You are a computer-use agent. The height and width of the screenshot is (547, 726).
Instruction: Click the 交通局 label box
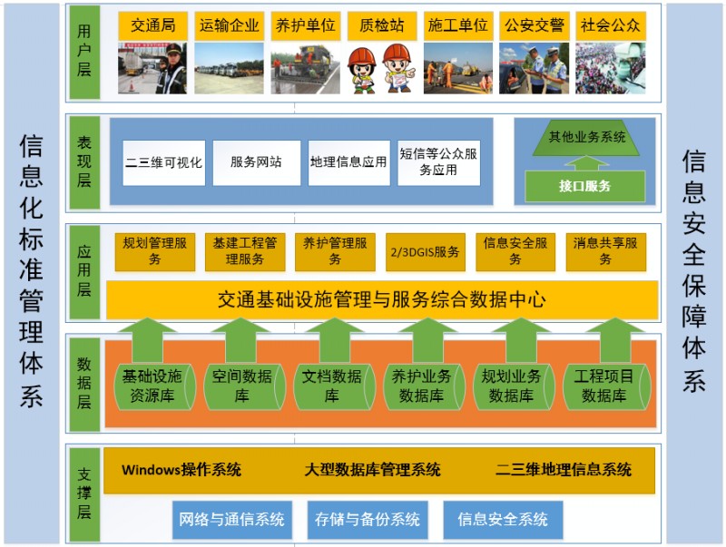[x=152, y=25]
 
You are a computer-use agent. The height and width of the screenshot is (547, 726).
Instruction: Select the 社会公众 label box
[x=610, y=25]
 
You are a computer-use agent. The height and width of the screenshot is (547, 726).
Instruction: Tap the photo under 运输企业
[x=230, y=69]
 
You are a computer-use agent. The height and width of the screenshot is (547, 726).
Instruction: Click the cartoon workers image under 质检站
[x=381, y=69]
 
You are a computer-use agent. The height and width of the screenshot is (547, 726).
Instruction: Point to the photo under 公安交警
[x=534, y=69]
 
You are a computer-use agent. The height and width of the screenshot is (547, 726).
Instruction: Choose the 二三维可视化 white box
[x=164, y=163]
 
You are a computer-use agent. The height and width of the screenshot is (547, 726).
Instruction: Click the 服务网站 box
[x=257, y=163]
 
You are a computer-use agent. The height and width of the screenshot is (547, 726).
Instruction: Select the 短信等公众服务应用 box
[x=438, y=163]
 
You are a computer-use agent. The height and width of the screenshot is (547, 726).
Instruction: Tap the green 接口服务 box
[x=584, y=186]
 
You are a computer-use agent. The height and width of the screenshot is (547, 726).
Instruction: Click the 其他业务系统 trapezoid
[x=586, y=138]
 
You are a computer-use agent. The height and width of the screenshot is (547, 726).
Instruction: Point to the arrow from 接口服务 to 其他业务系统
[x=585, y=163]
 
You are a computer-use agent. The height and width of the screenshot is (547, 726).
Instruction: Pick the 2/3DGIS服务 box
[x=425, y=252]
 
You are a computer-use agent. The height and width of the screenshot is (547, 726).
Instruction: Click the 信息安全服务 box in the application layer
[x=515, y=252]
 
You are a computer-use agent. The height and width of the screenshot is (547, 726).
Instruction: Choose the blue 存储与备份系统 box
[x=368, y=520]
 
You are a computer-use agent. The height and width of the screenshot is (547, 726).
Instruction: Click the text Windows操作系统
[x=181, y=470]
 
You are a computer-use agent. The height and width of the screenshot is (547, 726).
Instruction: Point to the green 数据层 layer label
[x=84, y=384]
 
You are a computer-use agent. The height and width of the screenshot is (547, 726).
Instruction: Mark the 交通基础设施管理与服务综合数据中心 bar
[x=382, y=300]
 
